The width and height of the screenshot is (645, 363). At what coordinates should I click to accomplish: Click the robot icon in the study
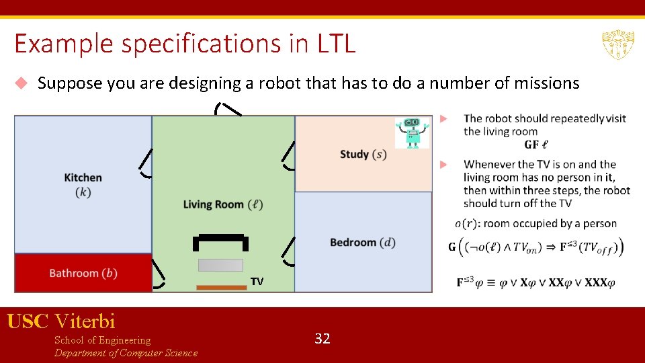click(412, 133)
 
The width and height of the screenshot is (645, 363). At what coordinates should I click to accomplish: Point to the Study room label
click(363, 155)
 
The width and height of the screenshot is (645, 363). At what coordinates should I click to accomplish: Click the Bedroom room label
click(363, 243)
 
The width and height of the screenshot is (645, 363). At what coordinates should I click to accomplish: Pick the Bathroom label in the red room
click(83, 274)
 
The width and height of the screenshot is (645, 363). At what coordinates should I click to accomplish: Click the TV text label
click(257, 282)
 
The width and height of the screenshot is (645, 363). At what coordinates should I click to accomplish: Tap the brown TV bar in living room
click(222, 288)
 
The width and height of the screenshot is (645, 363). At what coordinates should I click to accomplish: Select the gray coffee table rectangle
click(220, 265)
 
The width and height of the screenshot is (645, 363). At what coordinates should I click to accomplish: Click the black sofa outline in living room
click(220, 240)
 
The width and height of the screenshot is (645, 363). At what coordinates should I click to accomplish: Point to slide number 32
click(322, 339)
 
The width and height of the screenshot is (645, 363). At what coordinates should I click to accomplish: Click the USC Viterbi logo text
click(61, 321)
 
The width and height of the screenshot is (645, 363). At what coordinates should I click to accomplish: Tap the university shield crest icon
click(615, 44)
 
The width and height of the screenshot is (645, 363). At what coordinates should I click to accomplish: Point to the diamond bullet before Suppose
click(21, 83)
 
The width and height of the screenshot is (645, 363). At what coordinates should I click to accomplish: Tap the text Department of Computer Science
click(126, 354)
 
